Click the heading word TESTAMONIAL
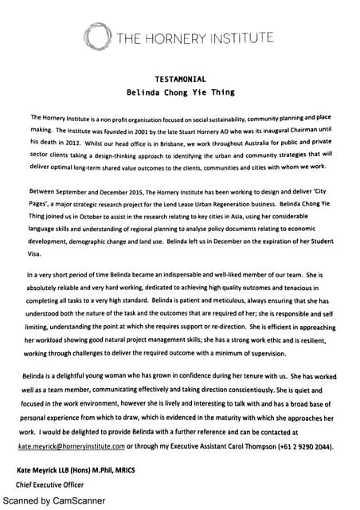click(x=179, y=80)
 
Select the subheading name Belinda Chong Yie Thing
click(x=179, y=92)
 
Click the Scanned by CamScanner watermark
click(x=53, y=501)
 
